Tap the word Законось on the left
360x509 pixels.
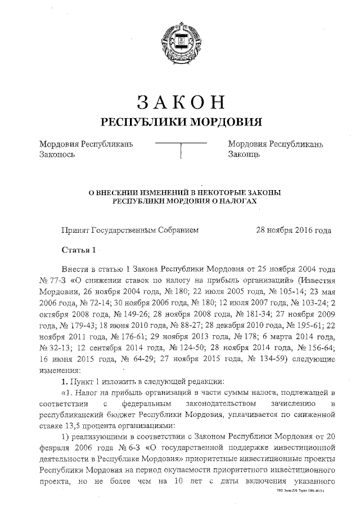57,154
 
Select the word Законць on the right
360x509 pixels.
244,154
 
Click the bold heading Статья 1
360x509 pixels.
79,249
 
